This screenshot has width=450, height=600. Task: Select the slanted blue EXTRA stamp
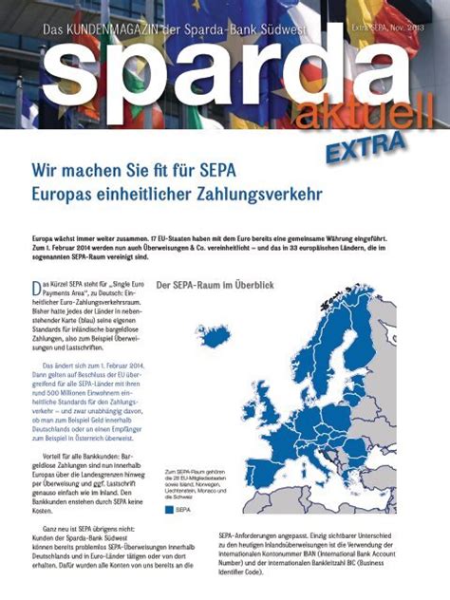366,145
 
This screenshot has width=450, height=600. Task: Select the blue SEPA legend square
171,510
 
